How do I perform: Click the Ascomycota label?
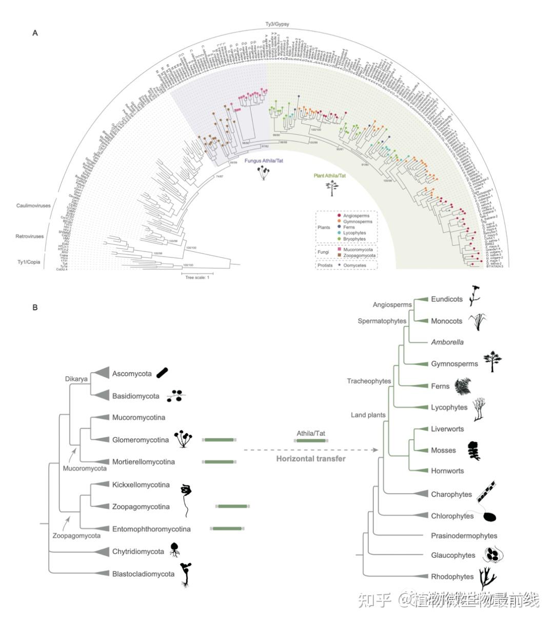[132, 374]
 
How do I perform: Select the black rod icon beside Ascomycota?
[162, 373]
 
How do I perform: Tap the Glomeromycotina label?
[140, 440]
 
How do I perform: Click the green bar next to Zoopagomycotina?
[233, 507]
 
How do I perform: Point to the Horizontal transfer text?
[311, 458]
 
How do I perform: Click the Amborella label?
[447, 342]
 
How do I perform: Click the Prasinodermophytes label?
[464, 536]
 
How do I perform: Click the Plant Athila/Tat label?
[329, 176]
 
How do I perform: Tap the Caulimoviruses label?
[33, 205]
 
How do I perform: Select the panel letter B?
[35, 308]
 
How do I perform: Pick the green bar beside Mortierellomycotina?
[219, 462]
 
